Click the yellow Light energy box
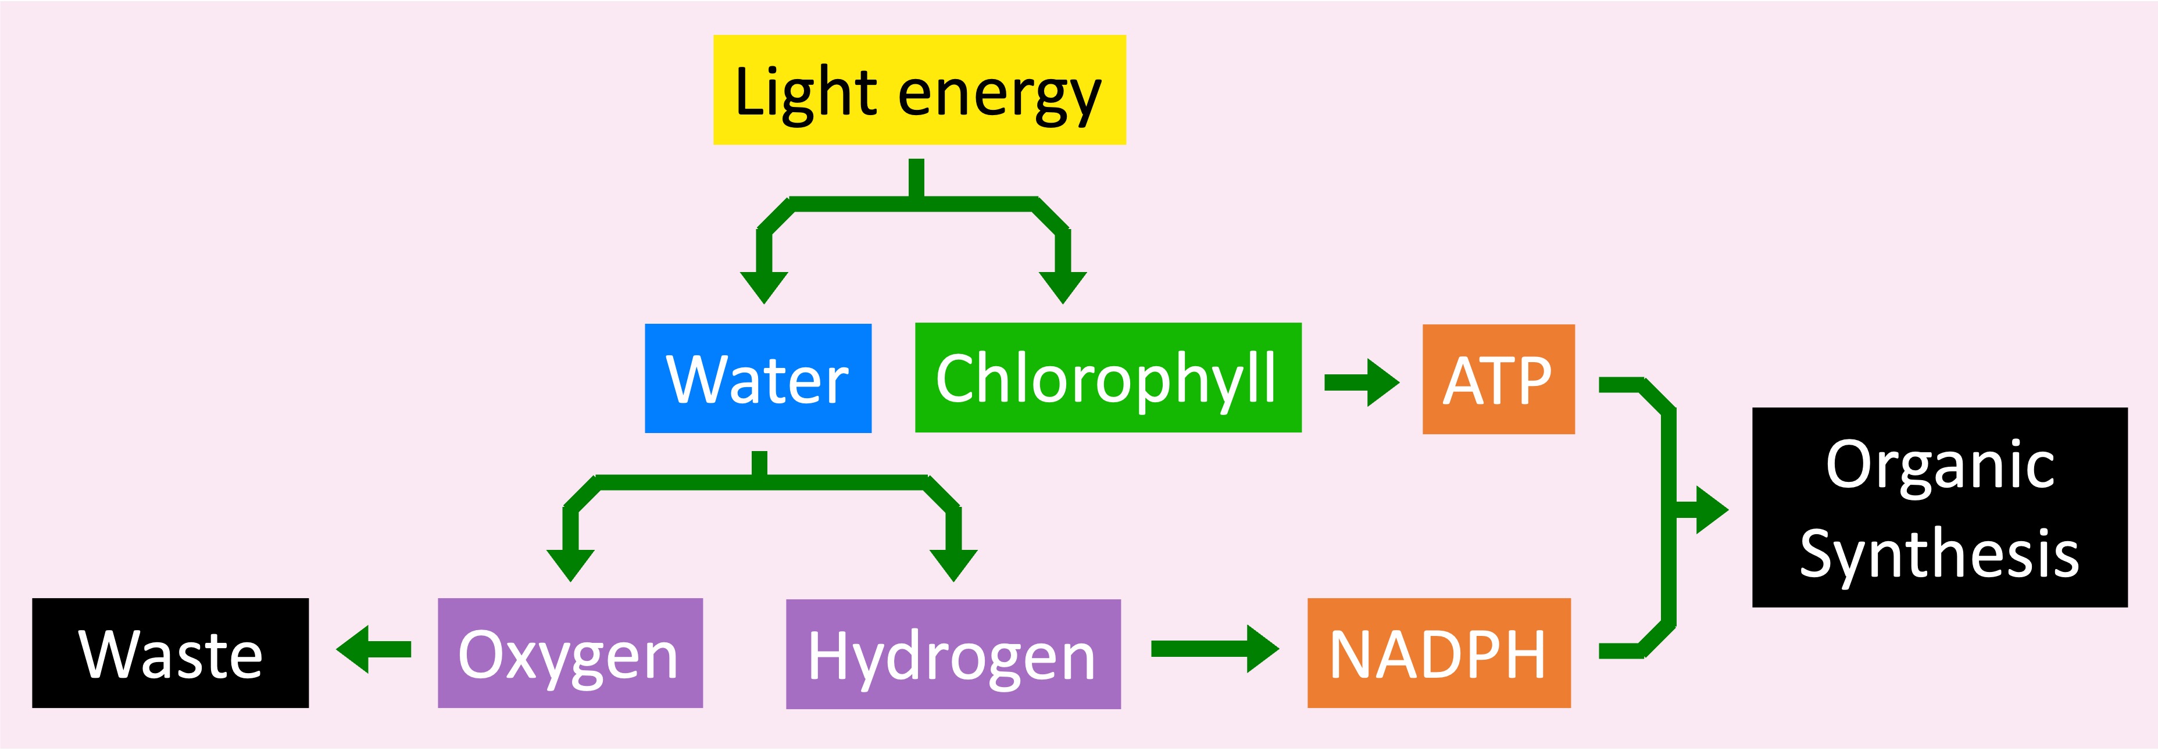click(919, 90)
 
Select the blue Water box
click(758, 378)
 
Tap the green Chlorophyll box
click(1107, 378)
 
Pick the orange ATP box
click(1498, 379)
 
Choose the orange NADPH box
click(1438, 653)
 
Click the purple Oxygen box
click(570, 653)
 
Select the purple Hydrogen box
click(952, 654)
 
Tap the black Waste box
click(170, 653)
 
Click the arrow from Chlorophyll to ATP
click(1362, 382)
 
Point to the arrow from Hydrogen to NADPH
click(1214, 649)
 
